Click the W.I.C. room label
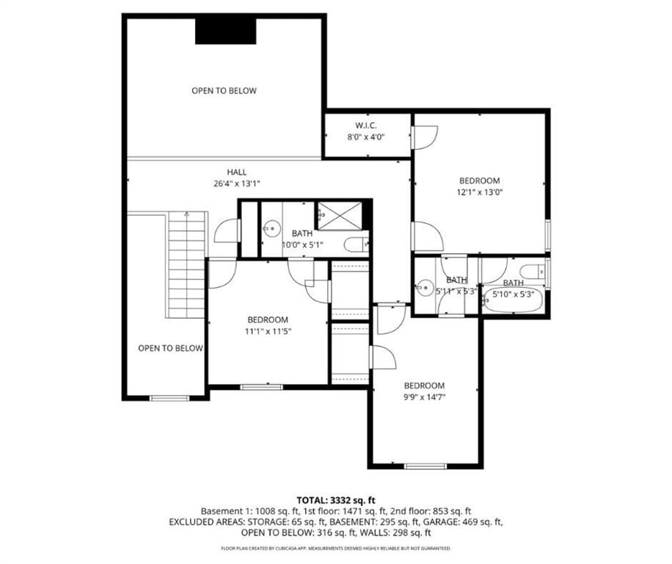[365, 126]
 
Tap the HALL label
[236, 172]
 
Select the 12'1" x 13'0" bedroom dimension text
[480, 192]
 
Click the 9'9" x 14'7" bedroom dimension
[424, 397]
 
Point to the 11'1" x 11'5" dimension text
[269, 331]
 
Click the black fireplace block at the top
[226, 32]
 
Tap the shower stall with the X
[339, 216]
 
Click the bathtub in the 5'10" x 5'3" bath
[513, 300]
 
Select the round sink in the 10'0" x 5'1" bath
[271, 228]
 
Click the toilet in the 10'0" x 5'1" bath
[356, 245]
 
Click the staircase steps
[187, 264]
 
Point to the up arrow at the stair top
[186, 214]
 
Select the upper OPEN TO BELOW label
[224, 90]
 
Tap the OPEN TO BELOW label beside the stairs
[171, 348]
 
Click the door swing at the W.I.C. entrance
[425, 137]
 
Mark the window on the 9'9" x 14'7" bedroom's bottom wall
[426, 466]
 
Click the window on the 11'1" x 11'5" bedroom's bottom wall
[261, 387]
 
